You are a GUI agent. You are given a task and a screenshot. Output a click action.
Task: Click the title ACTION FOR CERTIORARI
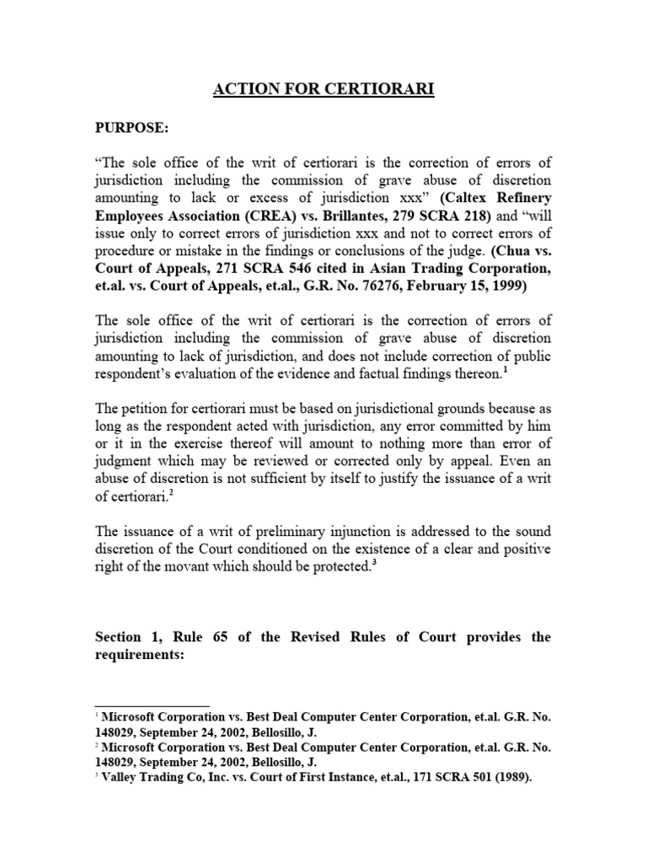tap(323, 88)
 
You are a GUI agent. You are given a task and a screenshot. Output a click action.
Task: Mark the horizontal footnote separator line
tap(152, 707)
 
